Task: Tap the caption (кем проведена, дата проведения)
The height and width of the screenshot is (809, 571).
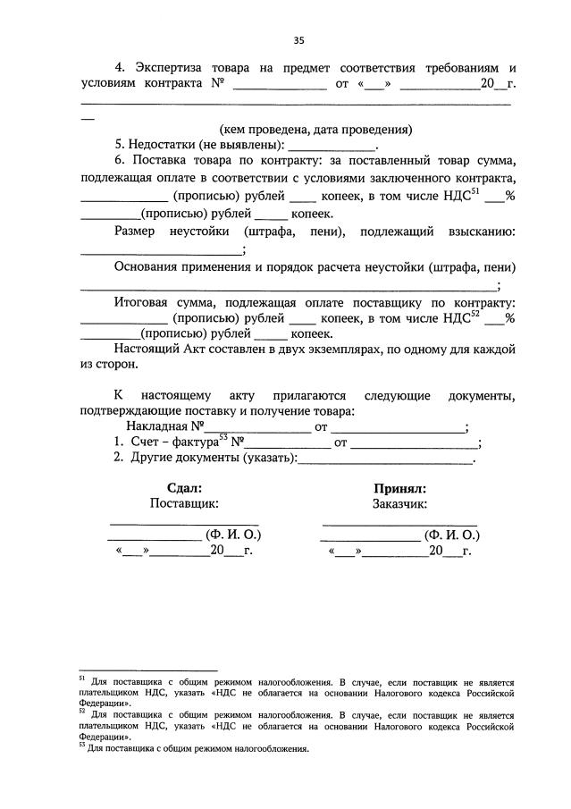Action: (316, 129)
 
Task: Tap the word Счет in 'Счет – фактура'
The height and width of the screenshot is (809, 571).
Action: (146, 442)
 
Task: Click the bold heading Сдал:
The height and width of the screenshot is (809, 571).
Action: (185, 489)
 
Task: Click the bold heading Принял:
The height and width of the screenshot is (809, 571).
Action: (399, 489)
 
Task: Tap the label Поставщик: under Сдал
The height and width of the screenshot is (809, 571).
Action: (185, 504)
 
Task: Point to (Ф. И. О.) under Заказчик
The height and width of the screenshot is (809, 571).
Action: (453, 535)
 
